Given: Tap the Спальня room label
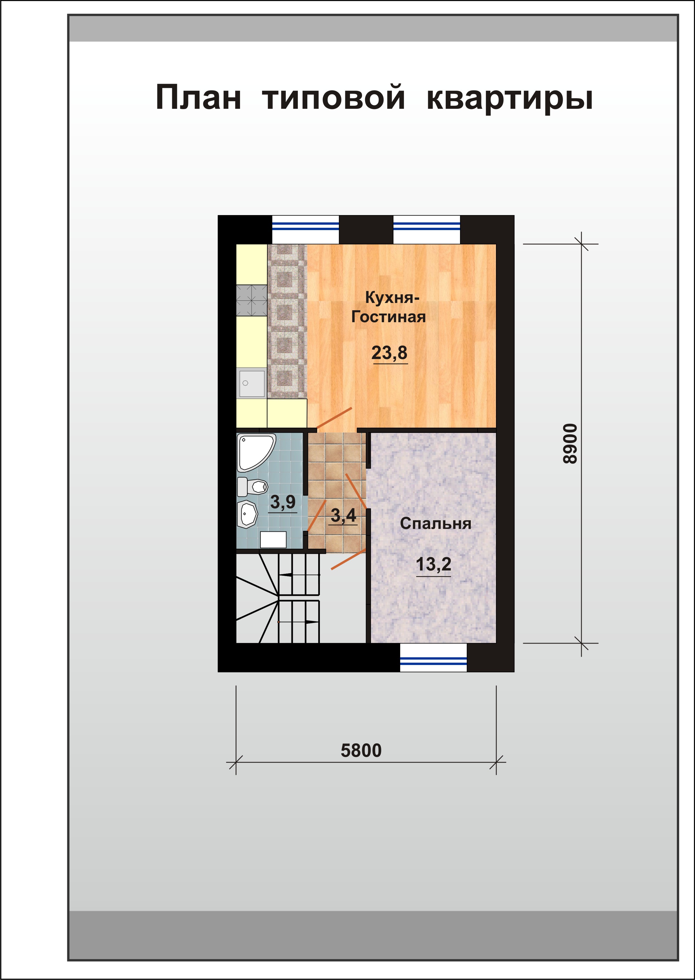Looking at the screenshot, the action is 436,524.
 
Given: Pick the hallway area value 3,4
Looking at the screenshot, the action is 343,516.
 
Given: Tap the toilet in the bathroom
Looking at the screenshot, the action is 253,486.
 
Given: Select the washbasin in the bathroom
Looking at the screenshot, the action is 247,515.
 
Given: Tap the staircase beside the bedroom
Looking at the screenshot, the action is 278,598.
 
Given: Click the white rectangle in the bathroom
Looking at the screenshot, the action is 274,540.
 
